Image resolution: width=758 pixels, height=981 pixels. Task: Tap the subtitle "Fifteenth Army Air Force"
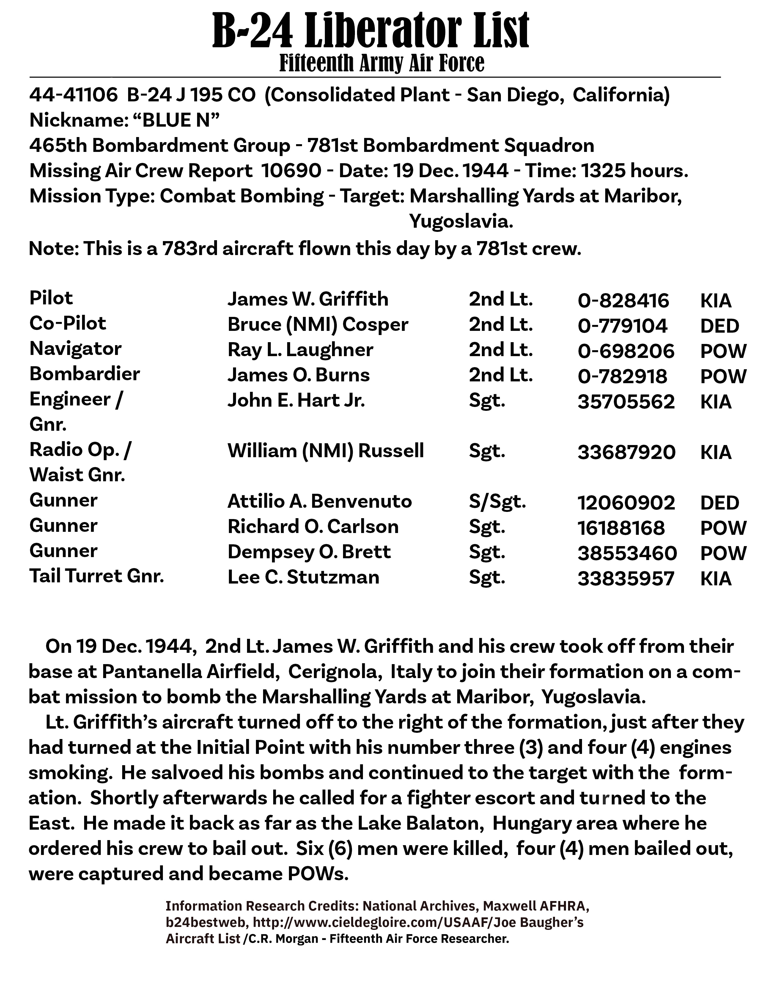click(382, 63)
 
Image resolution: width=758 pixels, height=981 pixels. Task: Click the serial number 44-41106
click(73, 95)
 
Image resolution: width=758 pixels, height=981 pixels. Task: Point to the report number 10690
click(291, 171)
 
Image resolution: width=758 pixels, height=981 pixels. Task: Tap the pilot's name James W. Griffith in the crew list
click(308, 299)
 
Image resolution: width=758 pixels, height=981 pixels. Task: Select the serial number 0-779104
click(622, 326)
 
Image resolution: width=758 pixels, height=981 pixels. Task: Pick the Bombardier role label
click(84, 374)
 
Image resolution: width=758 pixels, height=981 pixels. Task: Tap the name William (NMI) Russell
click(325, 451)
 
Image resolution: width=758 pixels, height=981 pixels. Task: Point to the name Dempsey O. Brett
click(309, 552)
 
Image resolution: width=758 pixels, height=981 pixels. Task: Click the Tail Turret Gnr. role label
click(97, 576)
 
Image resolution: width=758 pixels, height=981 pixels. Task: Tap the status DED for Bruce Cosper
click(719, 326)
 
